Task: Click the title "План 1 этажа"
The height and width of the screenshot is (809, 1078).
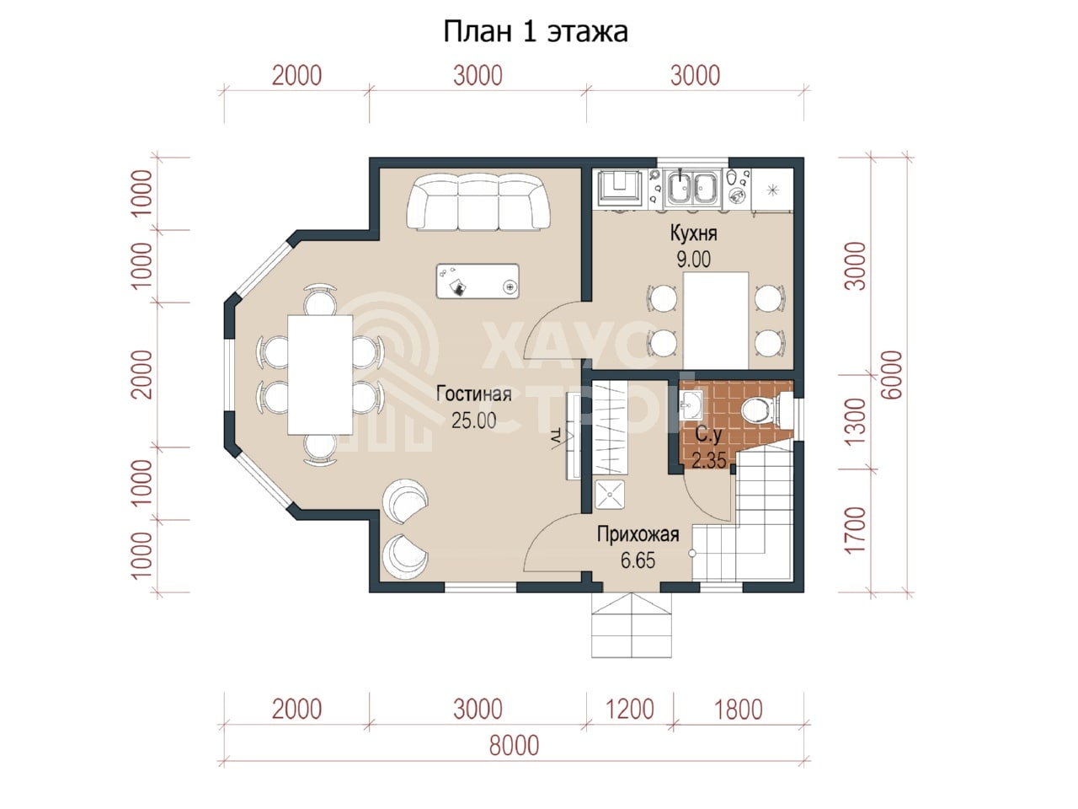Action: point(536,32)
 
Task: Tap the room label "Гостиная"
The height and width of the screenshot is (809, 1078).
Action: point(473,394)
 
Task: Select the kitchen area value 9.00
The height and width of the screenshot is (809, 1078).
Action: point(693,260)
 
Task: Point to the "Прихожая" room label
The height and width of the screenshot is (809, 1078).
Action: point(638,534)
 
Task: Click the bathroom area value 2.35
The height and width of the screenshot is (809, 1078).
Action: point(708,461)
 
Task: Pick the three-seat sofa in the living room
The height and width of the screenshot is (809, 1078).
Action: point(478,201)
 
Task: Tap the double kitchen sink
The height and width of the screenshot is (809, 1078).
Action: point(693,187)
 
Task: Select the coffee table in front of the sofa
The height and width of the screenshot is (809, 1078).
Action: point(478,281)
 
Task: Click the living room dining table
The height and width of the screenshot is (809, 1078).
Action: point(320,375)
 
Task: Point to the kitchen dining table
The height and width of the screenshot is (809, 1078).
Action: point(716,320)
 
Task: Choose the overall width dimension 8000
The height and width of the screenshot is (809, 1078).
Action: point(514,746)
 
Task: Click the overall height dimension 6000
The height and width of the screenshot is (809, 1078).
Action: point(892,375)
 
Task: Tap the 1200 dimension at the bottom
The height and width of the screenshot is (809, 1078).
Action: point(630,710)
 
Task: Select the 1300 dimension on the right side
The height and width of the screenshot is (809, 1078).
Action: point(855,421)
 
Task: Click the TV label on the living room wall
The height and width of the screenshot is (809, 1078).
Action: point(556,437)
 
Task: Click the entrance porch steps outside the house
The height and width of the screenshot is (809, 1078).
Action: point(631,624)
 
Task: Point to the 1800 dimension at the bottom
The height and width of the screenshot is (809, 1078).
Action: point(738,710)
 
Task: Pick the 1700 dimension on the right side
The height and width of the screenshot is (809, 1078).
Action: point(855,530)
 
